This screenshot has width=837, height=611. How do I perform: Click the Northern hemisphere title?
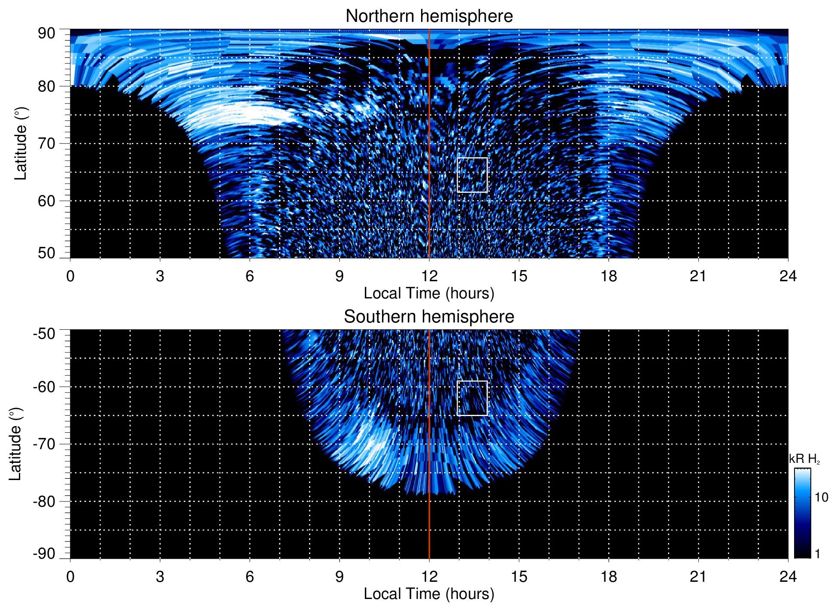point(429,16)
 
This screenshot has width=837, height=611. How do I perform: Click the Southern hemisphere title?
point(429,317)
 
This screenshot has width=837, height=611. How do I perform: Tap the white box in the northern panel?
point(472,175)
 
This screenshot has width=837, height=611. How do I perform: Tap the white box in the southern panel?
point(472,398)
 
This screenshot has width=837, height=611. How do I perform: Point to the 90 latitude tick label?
point(46,33)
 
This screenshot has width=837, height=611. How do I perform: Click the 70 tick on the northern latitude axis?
point(46,143)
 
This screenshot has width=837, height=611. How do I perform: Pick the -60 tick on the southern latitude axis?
point(44,387)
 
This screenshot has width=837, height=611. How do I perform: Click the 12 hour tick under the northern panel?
point(429,276)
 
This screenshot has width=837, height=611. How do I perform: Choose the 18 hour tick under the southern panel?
point(608,577)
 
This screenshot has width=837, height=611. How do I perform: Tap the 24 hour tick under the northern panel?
point(788,276)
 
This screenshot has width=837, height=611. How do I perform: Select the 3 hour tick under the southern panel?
point(160,577)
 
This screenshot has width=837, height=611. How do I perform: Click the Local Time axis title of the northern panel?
point(429,294)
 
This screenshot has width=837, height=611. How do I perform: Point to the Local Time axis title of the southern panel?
point(429,594)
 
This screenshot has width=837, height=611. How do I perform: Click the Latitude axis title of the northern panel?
point(21,143)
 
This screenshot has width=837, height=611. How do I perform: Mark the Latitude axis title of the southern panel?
point(15,444)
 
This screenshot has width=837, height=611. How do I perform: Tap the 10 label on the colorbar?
point(821,498)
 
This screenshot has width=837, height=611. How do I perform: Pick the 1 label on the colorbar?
point(817,554)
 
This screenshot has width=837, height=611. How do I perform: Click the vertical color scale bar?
point(802,513)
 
